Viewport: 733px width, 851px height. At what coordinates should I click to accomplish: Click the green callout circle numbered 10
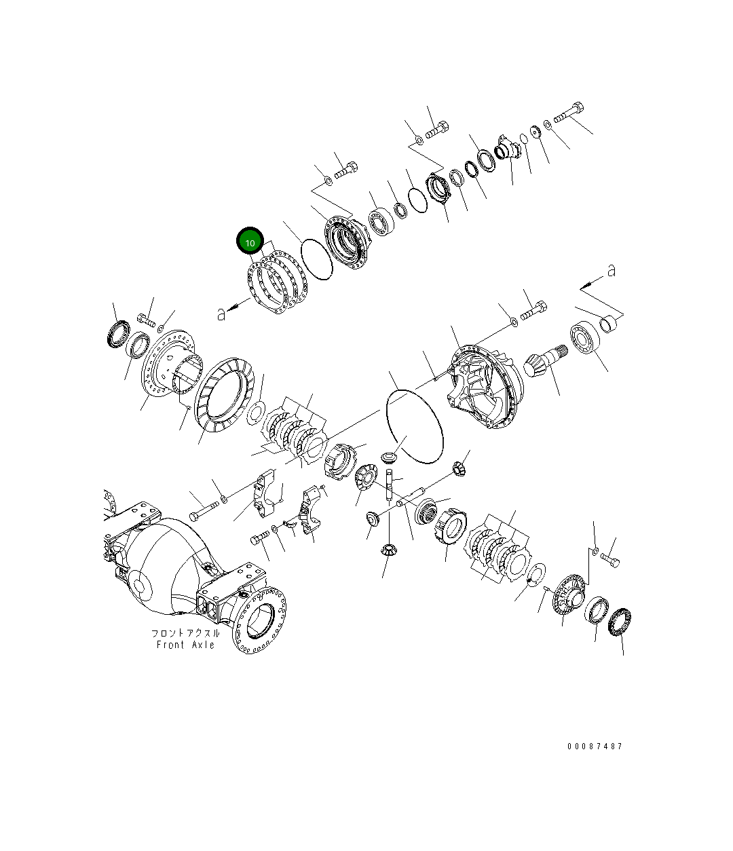[x=250, y=242]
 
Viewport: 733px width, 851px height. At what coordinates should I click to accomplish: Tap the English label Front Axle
[x=185, y=645]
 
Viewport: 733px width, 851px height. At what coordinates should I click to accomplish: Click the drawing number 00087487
[x=595, y=746]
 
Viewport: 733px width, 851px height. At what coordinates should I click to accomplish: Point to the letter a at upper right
[x=612, y=271]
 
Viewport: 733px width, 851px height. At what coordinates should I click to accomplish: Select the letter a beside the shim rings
[x=221, y=314]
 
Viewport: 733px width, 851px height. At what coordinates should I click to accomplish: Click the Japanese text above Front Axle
[x=185, y=632]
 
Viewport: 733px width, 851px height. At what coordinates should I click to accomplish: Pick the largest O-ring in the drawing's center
[x=414, y=426]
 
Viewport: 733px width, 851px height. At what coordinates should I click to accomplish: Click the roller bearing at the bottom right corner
[x=619, y=622]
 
